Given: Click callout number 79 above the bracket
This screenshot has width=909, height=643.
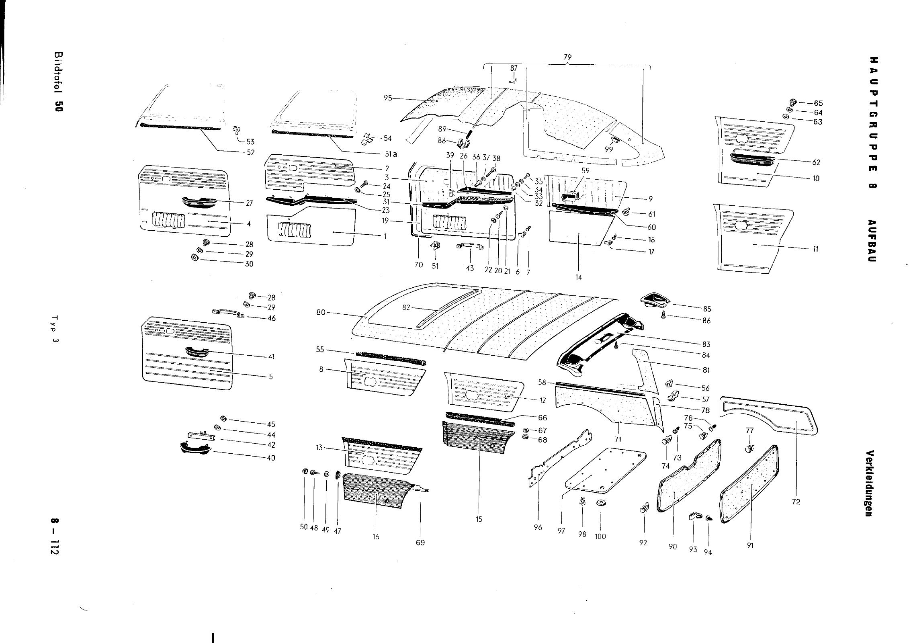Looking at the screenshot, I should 567,57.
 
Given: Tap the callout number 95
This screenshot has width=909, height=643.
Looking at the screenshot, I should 387,98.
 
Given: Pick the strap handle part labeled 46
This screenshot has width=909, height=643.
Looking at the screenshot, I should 228,313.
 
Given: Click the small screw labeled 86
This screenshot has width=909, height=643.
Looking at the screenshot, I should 664,316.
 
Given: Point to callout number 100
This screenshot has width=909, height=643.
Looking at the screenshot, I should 600,536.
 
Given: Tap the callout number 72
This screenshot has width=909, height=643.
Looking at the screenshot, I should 796,502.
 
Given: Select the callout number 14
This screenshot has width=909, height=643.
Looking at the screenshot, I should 578,277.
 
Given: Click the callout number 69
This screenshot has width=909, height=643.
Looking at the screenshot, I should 420,543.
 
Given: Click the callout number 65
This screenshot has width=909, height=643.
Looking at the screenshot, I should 818,103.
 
